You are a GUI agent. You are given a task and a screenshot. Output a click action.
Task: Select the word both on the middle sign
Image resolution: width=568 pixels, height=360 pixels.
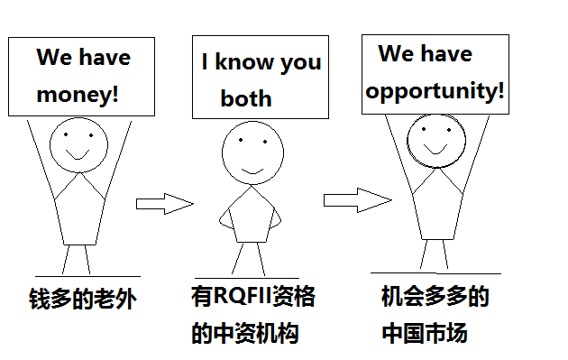tap(246, 98)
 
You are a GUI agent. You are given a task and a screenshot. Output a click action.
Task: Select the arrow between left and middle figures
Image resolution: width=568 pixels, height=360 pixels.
tap(164, 204)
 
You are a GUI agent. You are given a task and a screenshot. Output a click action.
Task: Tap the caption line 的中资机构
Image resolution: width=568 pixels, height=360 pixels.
tap(244, 333)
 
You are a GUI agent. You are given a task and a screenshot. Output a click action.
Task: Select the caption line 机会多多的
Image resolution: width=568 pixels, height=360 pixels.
tap(435, 296)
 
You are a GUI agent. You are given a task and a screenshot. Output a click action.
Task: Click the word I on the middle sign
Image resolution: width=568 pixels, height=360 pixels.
tap(206, 63)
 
